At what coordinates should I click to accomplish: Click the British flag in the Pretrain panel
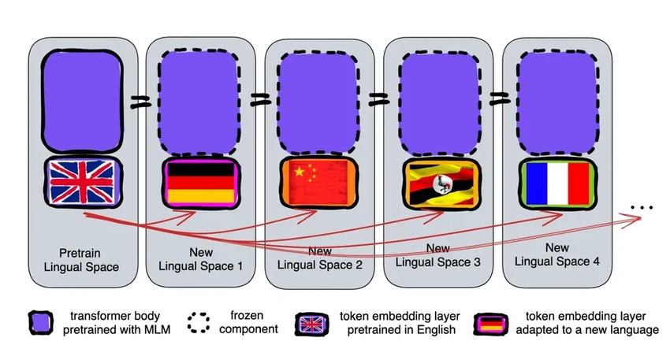[x=83, y=181]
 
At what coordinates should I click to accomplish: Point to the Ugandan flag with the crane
[x=436, y=184]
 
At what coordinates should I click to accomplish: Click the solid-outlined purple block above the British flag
[x=83, y=101]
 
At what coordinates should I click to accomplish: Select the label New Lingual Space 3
[x=437, y=257]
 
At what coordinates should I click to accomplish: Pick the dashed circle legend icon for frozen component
[x=199, y=322]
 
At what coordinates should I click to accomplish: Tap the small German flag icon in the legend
[x=489, y=323]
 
